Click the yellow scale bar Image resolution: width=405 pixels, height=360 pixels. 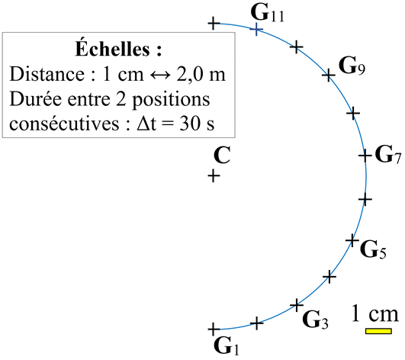pos(378,331)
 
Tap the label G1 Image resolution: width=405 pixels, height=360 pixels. pos(227,346)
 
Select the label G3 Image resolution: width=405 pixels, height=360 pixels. pos(315,320)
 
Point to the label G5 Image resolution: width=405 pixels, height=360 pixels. pos(373,249)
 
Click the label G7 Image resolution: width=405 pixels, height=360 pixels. pos(388,155)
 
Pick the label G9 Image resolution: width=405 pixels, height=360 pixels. pos(352,66)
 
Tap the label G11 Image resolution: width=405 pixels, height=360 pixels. pos(268,13)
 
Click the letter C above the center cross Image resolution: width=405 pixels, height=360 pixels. pos(222,155)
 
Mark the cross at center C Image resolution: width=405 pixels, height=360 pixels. pos(214,176)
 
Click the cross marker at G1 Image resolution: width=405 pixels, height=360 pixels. pos(214,329)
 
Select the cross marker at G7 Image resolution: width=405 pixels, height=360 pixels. pos(365,156)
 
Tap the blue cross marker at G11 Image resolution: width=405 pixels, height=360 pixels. pos(256,29)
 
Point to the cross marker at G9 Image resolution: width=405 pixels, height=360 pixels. pos(329,76)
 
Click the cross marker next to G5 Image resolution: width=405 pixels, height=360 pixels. pos(352,240)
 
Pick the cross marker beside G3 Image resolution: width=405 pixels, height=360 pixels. pos(297,306)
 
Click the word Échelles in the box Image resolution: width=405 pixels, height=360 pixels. pos(112,48)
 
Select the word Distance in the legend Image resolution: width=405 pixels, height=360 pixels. pos(47,74)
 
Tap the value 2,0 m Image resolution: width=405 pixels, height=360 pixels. pos(201,75)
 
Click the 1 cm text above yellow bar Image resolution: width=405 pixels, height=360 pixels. pos(375,313)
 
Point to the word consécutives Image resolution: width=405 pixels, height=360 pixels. pos(64,124)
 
